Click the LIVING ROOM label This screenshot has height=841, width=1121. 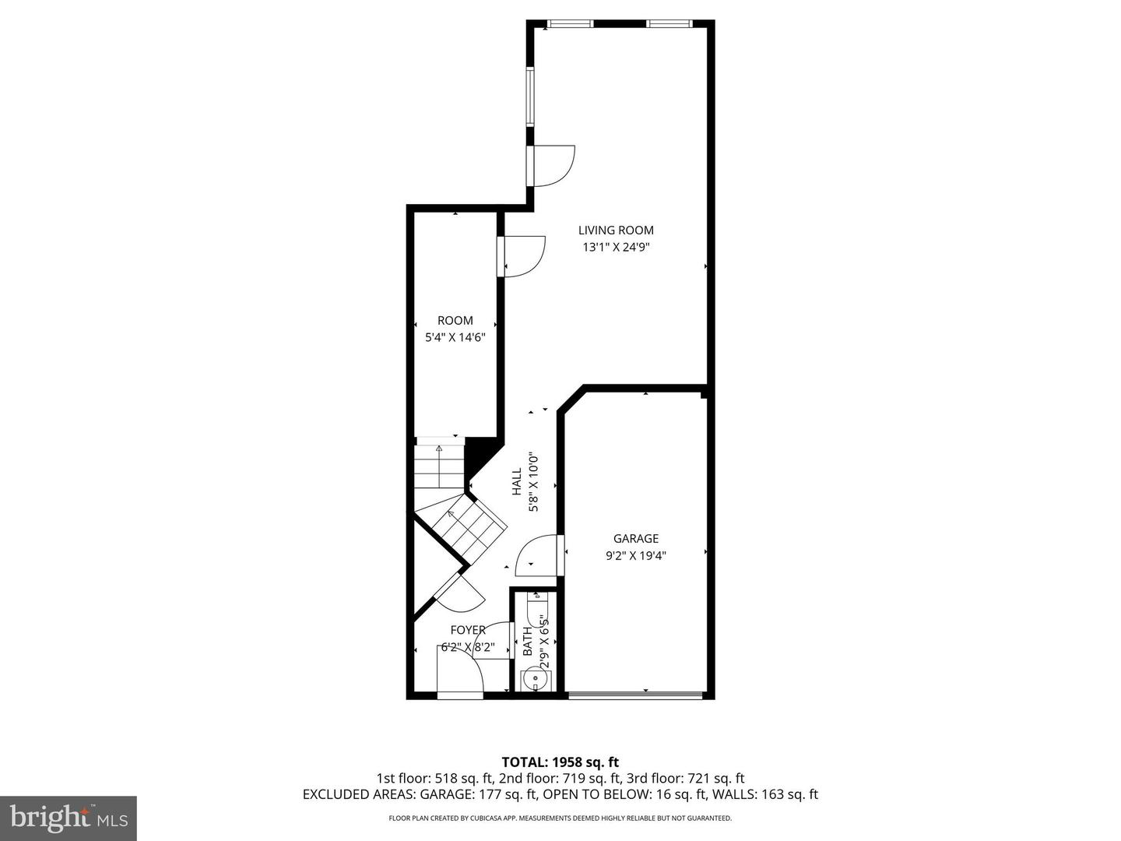coord(615,230)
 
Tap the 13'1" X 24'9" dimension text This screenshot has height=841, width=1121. coord(615,248)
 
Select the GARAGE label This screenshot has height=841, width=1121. coord(635,538)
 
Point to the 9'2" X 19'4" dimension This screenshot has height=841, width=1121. coord(635,555)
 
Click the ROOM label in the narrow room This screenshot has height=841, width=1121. coord(455,320)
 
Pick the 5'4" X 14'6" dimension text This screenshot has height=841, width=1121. coord(455,338)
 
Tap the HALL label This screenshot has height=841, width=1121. coord(517,482)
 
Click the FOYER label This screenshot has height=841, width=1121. coord(467,630)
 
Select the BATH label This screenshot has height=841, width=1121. coord(528,640)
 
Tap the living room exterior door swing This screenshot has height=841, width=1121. coord(552,166)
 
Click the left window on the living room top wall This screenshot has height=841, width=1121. coord(571,24)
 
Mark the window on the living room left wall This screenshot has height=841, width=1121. coord(530,97)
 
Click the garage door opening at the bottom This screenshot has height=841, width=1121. coord(637,695)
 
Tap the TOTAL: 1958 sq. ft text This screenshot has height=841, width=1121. coord(560,762)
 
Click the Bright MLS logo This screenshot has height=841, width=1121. coord(69,818)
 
